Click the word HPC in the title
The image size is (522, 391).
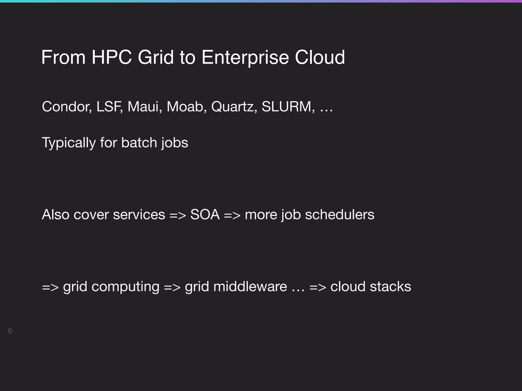click(x=112, y=57)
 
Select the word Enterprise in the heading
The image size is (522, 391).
click(x=245, y=57)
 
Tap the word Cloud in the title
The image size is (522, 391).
click(x=320, y=57)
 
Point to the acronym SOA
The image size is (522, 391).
click(x=205, y=215)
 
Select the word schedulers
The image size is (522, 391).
click(x=340, y=215)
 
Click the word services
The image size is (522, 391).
click(x=139, y=215)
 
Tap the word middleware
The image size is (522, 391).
click(x=250, y=287)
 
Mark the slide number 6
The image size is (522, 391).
click(x=10, y=331)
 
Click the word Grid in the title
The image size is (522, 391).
click(x=156, y=57)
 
